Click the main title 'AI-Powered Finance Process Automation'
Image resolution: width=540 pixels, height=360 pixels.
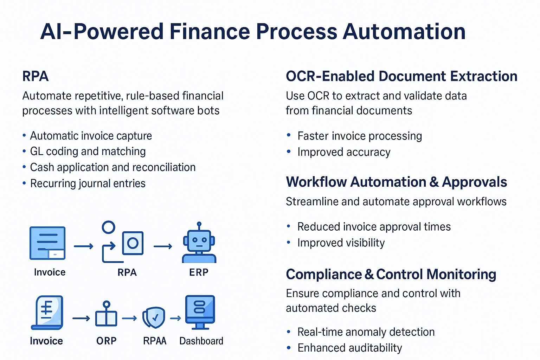253,32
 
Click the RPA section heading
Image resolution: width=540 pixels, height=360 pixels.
35,76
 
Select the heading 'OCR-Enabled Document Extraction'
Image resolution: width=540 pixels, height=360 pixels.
401,76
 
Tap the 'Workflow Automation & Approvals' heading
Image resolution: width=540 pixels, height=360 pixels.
396,182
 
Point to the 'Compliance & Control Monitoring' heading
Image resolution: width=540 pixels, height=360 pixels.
391,274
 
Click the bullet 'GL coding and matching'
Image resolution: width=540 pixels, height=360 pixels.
88,152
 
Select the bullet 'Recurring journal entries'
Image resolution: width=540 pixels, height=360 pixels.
88,184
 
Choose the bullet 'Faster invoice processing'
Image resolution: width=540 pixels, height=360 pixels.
359,136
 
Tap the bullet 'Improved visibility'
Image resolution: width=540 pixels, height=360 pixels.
341,243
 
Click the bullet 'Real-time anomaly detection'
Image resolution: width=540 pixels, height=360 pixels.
366,332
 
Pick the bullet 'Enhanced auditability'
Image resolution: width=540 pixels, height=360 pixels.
349,348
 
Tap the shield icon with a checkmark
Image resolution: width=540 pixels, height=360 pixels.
154,317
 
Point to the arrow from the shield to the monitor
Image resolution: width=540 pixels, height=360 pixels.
175,319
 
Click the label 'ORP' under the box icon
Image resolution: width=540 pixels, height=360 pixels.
106,341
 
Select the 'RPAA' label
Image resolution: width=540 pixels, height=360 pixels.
154,341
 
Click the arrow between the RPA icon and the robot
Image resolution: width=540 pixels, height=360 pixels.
163,246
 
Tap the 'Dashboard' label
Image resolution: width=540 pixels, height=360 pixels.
201,341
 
